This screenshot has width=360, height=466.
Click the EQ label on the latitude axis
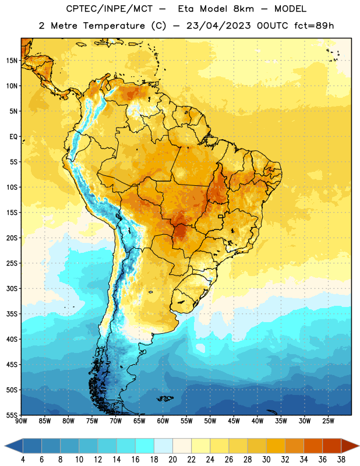[x=13, y=137]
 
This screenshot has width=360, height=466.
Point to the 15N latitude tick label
[x=12, y=61]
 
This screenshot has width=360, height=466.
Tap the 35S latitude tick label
[x=12, y=314]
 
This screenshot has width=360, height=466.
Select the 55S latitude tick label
[x=12, y=415]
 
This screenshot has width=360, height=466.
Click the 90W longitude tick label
[x=21, y=421]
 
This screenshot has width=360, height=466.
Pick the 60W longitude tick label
[x=163, y=421]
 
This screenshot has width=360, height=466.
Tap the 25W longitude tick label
[x=328, y=421]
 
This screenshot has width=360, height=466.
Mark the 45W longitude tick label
[x=234, y=421]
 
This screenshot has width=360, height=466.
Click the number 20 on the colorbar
[x=172, y=460]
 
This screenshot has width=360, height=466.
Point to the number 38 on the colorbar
[x=341, y=460]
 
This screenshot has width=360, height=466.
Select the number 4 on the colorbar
[x=23, y=460]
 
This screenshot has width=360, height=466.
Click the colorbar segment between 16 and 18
[x=145, y=446]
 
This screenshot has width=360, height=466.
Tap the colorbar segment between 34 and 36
[x=313, y=446]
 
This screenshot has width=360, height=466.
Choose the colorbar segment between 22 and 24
[x=200, y=446]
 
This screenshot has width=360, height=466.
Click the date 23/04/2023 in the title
[x=218, y=26]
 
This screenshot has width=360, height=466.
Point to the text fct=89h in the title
[x=314, y=26]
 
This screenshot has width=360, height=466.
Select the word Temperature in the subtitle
[x=114, y=26]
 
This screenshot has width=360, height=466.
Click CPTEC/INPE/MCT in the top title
[x=109, y=9]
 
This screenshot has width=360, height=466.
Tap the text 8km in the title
[x=243, y=9]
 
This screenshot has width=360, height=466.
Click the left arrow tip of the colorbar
[x=5, y=446]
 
